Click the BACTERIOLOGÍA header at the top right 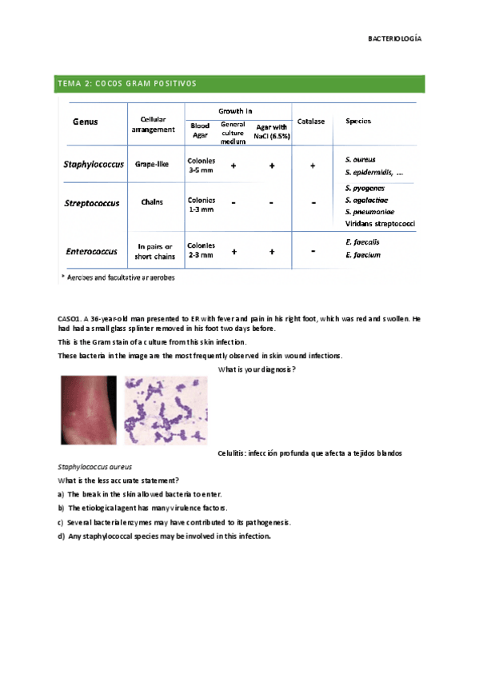[x=394, y=38]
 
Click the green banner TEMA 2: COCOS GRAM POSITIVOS [x=127, y=83]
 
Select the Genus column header [x=86, y=123]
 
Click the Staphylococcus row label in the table [x=94, y=164]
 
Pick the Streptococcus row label [x=91, y=203]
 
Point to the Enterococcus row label [x=92, y=251]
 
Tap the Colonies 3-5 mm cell [x=201, y=165]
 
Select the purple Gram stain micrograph [x=165, y=411]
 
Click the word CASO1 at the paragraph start [x=70, y=319]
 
